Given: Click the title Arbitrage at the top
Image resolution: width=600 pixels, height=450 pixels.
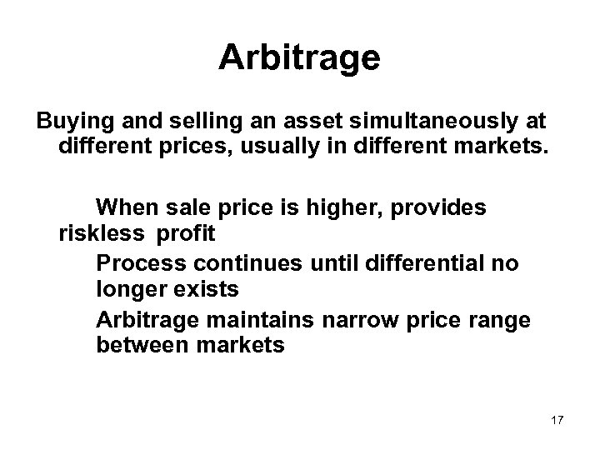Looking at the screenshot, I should [x=299, y=57].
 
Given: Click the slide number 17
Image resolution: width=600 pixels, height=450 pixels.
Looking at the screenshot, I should [x=557, y=419].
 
